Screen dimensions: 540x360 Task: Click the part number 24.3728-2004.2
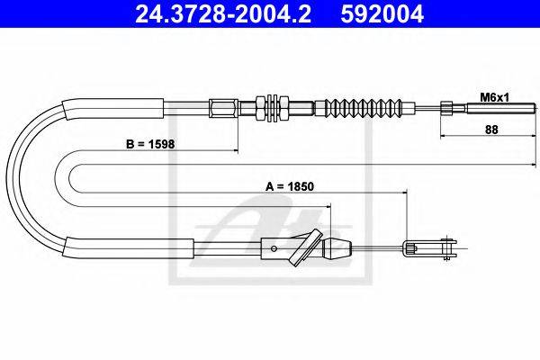(223, 13)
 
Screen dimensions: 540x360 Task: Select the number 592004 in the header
(382, 13)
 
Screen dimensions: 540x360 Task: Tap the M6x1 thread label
(494, 98)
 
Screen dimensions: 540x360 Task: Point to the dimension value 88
(491, 130)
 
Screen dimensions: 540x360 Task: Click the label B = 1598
(150, 144)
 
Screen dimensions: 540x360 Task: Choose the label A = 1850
(290, 186)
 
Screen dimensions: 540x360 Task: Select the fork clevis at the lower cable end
(437, 247)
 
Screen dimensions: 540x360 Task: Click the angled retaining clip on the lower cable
(306, 247)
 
